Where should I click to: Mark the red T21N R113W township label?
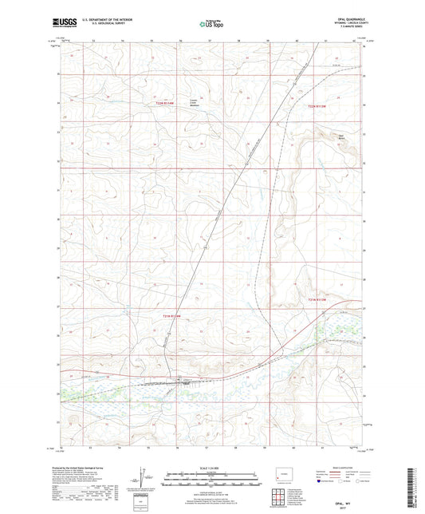pyautogui.click(x=317, y=299)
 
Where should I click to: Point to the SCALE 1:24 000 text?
pyautogui.click(x=211, y=467)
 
